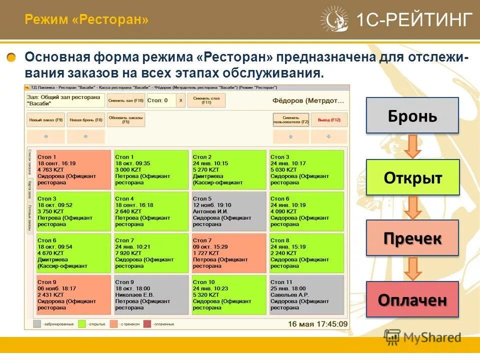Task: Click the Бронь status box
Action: click(412, 115)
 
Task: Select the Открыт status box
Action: click(412, 177)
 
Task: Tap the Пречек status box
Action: click(412, 238)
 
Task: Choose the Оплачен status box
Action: click(412, 299)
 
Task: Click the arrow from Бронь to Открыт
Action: click(413, 146)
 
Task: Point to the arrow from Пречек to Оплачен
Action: click(413, 268)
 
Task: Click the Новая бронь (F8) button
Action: click(85, 120)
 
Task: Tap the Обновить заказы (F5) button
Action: click(126, 119)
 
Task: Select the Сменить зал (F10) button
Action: click(125, 100)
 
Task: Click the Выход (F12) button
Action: click(329, 120)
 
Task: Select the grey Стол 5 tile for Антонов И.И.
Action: click(229, 211)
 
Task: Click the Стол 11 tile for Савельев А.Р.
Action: click(306, 295)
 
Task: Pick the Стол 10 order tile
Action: click(229, 295)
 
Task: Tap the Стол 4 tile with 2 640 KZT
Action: click(151, 211)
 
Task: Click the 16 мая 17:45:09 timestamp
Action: click(317, 324)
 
